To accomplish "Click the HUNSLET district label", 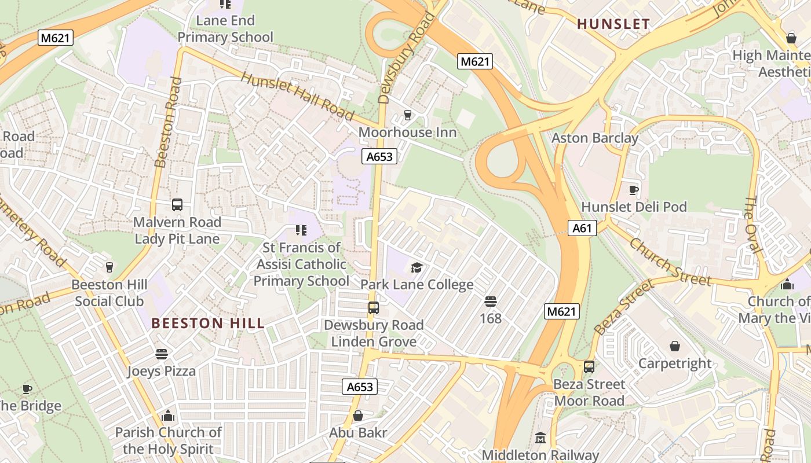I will [x=613, y=24].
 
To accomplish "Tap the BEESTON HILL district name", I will [x=208, y=323].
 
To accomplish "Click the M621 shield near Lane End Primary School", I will [x=56, y=38].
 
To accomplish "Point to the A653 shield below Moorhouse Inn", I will [x=379, y=156].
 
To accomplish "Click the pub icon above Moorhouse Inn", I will [x=407, y=115].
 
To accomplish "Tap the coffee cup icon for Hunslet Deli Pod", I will [x=634, y=189].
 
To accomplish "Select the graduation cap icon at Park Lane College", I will [x=417, y=267].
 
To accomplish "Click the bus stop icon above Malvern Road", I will [x=177, y=205].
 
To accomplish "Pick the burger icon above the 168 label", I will [x=490, y=301].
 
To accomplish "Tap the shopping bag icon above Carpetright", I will [x=674, y=346].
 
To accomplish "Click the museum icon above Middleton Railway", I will [x=540, y=438].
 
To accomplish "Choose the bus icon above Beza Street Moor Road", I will [x=589, y=366].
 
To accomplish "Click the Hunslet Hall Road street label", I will [x=297, y=96].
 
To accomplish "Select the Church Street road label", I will [x=670, y=262].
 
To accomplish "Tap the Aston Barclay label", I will [x=594, y=138].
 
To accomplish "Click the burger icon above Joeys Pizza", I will [x=161, y=354].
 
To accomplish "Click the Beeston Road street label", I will [x=168, y=122].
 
